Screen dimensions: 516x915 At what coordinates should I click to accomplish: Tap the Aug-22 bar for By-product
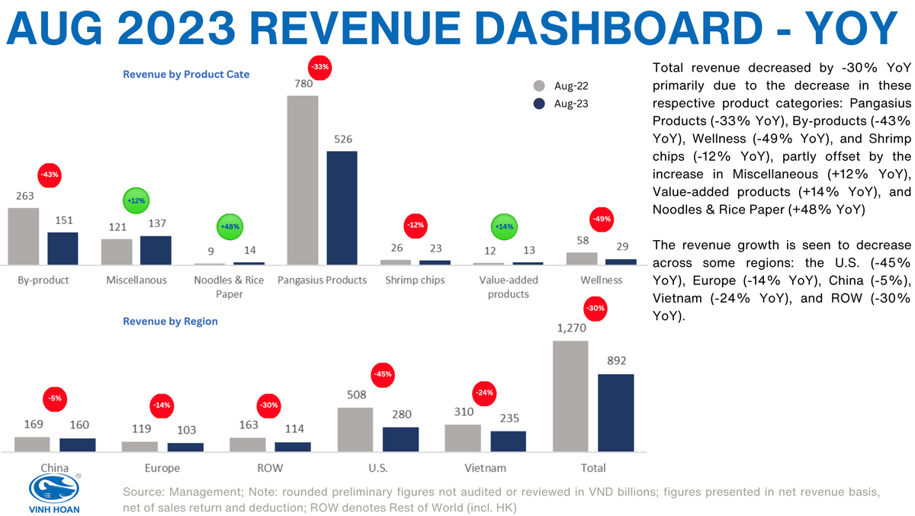(x=23, y=236)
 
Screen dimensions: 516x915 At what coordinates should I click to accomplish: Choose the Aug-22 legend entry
(x=561, y=86)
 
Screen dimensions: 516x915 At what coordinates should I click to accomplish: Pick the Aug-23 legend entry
(x=561, y=104)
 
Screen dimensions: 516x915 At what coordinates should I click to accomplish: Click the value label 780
(x=301, y=83)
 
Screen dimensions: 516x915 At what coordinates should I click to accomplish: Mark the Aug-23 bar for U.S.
(x=400, y=439)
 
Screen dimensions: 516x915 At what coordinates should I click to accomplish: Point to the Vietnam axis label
(x=485, y=467)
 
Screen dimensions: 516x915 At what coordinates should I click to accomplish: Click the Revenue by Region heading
(x=170, y=321)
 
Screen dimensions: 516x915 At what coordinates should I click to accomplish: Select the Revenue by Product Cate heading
(x=186, y=74)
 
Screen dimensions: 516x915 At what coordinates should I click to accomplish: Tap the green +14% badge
(x=504, y=226)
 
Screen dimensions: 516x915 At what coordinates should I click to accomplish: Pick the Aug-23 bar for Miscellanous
(x=156, y=249)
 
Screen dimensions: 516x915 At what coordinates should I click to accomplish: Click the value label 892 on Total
(x=616, y=361)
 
